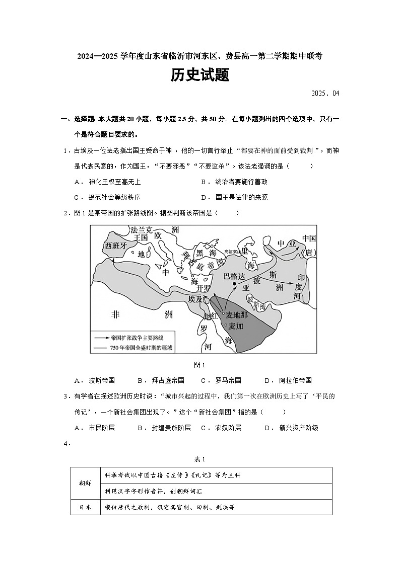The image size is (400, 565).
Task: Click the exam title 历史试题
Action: [199, 75]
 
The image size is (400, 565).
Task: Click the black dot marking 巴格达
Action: [234, 284]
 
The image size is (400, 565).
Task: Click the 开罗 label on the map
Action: [204, 288]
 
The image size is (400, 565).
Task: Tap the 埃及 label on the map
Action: [196, 299]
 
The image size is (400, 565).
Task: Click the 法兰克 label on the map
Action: [141, 230]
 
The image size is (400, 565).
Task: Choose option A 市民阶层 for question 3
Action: [94, 428]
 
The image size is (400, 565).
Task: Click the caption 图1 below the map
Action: [199, 365]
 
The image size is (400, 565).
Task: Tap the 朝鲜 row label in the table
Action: [85, 482]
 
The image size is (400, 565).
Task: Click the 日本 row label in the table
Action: [85, 507]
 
